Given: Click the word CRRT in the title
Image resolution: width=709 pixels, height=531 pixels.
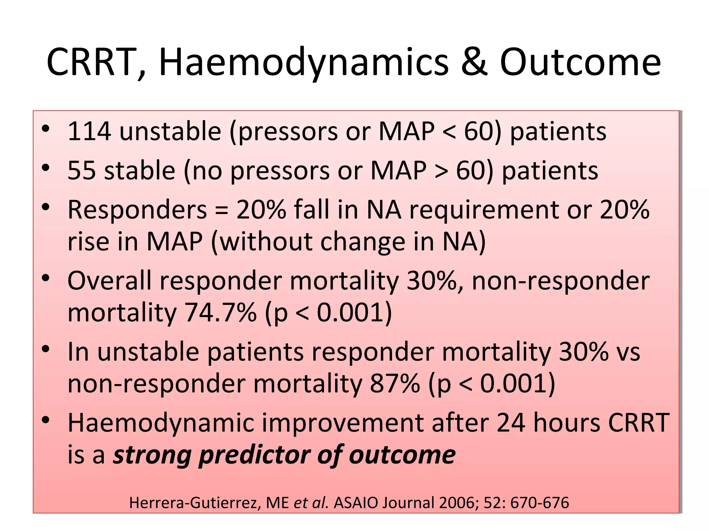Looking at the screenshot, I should pyautogui.click(x=92, y=62).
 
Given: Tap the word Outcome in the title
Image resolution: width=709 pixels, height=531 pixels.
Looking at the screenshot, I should pyautogui.click(x=580, y=62).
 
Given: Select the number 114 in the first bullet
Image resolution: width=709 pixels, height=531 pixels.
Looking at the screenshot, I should pyautogui.click(x=89, y=132).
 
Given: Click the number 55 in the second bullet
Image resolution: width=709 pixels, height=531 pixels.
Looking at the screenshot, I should pyautogui.click(x=81, y=171).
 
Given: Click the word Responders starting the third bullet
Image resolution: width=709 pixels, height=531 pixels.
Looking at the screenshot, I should pyautogui.click(x=137, y=210).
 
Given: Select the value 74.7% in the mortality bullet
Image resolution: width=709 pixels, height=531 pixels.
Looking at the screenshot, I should pyautogui.click(x=221, y=313).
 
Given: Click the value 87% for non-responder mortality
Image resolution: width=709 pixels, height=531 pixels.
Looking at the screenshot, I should pyautogui.click(x=395, y=384).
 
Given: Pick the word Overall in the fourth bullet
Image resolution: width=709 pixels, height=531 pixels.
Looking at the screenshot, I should pyautogui.click(x=109, y=281).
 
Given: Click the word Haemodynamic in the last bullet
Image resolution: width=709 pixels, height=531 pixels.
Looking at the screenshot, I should pyautogui.click(x=161, y=423).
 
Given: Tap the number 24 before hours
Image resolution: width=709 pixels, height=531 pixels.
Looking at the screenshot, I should pyautogui.click(x=511, y=423).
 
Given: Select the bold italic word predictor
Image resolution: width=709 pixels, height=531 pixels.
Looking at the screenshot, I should pyautogui.click(x=254, y=456).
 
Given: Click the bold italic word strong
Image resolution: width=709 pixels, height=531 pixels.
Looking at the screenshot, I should pyautogui.click(x=152, y=456).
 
